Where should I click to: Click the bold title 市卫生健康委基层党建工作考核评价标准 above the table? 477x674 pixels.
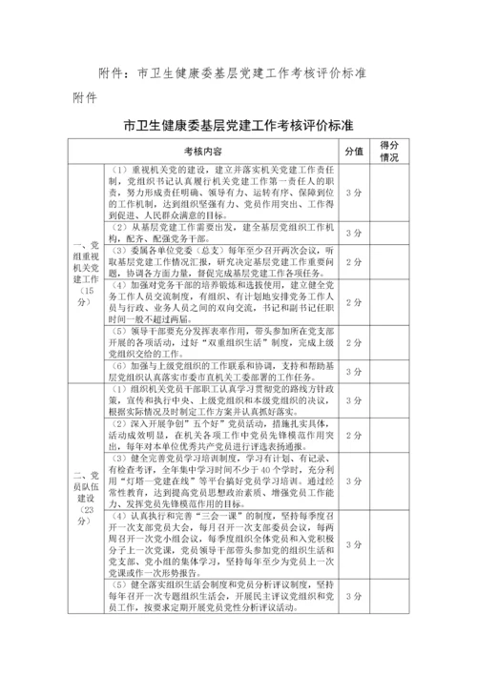(238, 126)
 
